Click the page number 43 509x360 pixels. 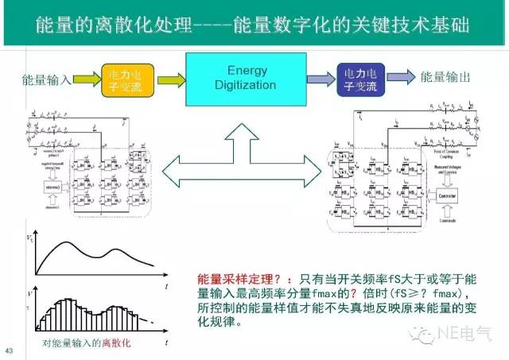coord(10,350)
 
